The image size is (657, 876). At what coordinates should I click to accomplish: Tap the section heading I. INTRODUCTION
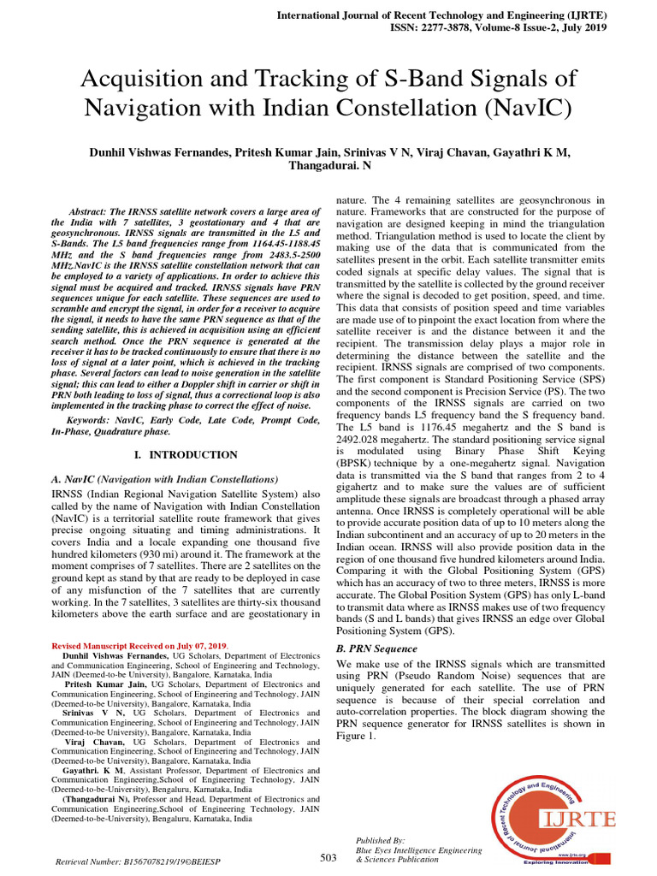pyautogui.click(x=186, y=455)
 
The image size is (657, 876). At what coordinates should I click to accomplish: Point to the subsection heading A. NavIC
pyautogui.click(x=164, y=479)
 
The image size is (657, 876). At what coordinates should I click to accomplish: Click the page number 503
pyautogui.click(x=329, y=857)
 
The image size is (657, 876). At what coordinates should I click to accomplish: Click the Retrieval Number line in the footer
pyautogui.click(x=138, y=861)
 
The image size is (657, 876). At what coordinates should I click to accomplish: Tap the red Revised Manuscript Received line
pyautogui.click(x=139, y=644)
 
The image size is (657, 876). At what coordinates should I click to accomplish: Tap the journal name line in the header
pyautogui.click(x=442, y=15)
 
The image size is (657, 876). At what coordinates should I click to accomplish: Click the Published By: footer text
pyautogui.click(x=381, y=841)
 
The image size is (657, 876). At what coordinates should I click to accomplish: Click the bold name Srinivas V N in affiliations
pyautogui.click(x=94, y=712)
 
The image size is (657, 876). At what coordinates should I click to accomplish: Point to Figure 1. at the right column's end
pyautogui.click(x=356, y=736)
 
